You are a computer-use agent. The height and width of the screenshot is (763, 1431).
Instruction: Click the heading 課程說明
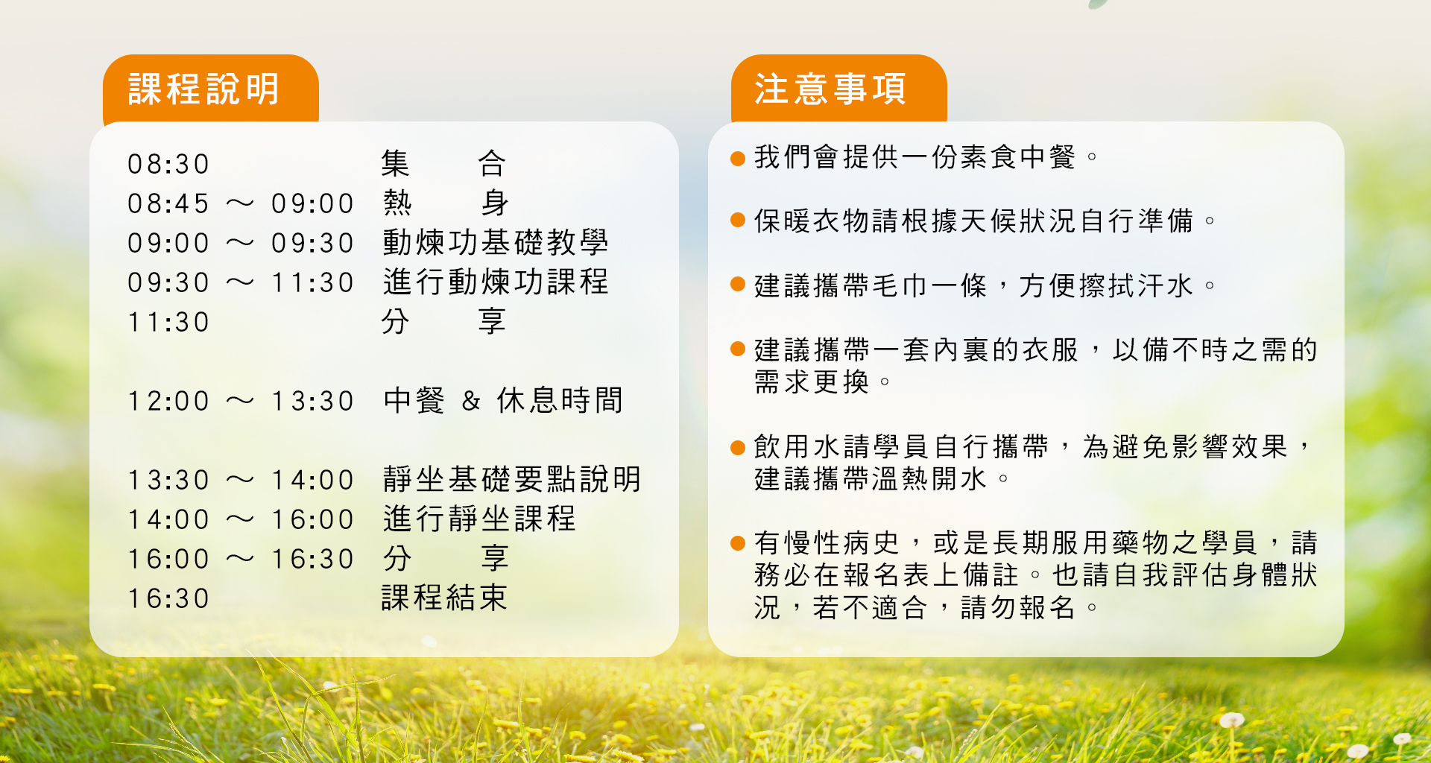click(203, 89)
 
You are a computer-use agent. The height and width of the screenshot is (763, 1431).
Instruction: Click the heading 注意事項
click(830, 89)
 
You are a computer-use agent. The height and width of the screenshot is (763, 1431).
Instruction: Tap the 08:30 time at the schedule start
click(168, 164)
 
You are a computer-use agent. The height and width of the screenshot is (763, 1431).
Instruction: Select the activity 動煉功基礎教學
click(496, 243)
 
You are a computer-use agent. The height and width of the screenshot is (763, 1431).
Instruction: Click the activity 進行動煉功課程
click(496, 282)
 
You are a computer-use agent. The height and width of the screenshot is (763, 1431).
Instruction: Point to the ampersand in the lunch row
click(470, 401)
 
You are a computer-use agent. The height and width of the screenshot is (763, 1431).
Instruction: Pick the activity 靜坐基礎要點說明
click(512, 479)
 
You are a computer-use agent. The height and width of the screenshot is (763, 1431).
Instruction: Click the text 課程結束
click(444, 598)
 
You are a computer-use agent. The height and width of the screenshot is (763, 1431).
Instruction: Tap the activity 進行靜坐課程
click(479, 519)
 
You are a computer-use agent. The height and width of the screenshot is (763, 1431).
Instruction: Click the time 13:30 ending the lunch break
click(312, 401)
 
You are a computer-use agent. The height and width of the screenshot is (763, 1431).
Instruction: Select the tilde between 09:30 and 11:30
click(240, 282)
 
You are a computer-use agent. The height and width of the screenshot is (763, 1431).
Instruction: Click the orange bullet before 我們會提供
click(738, 158)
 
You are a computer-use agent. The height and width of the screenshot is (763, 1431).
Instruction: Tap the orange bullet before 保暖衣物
click(738, 220)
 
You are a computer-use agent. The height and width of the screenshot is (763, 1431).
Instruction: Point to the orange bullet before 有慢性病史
click(738, 543)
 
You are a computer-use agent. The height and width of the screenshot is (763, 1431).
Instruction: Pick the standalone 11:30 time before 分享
click(168, 322)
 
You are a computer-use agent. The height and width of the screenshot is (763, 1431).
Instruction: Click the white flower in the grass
click(1231, 720)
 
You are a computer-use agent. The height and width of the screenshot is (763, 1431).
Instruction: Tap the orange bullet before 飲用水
click(738, 448)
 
